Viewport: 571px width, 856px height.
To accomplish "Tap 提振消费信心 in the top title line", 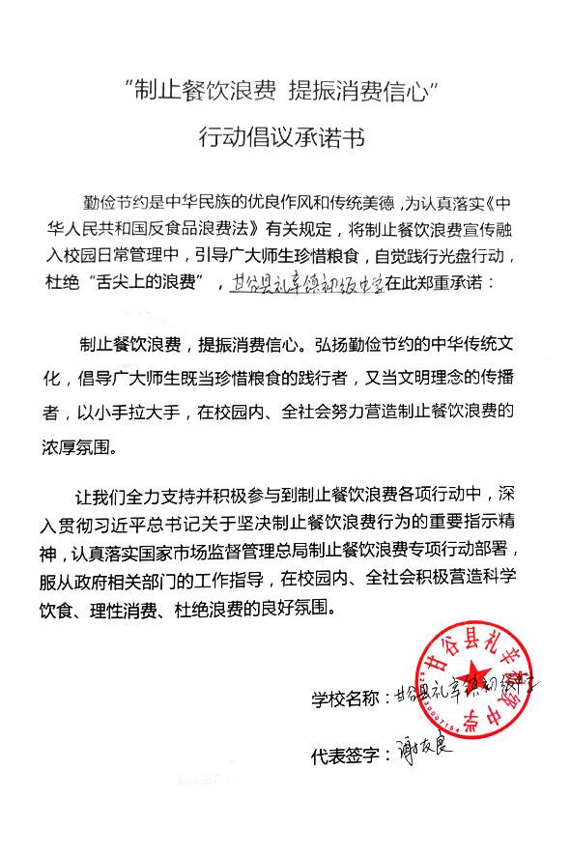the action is pos(368,94).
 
